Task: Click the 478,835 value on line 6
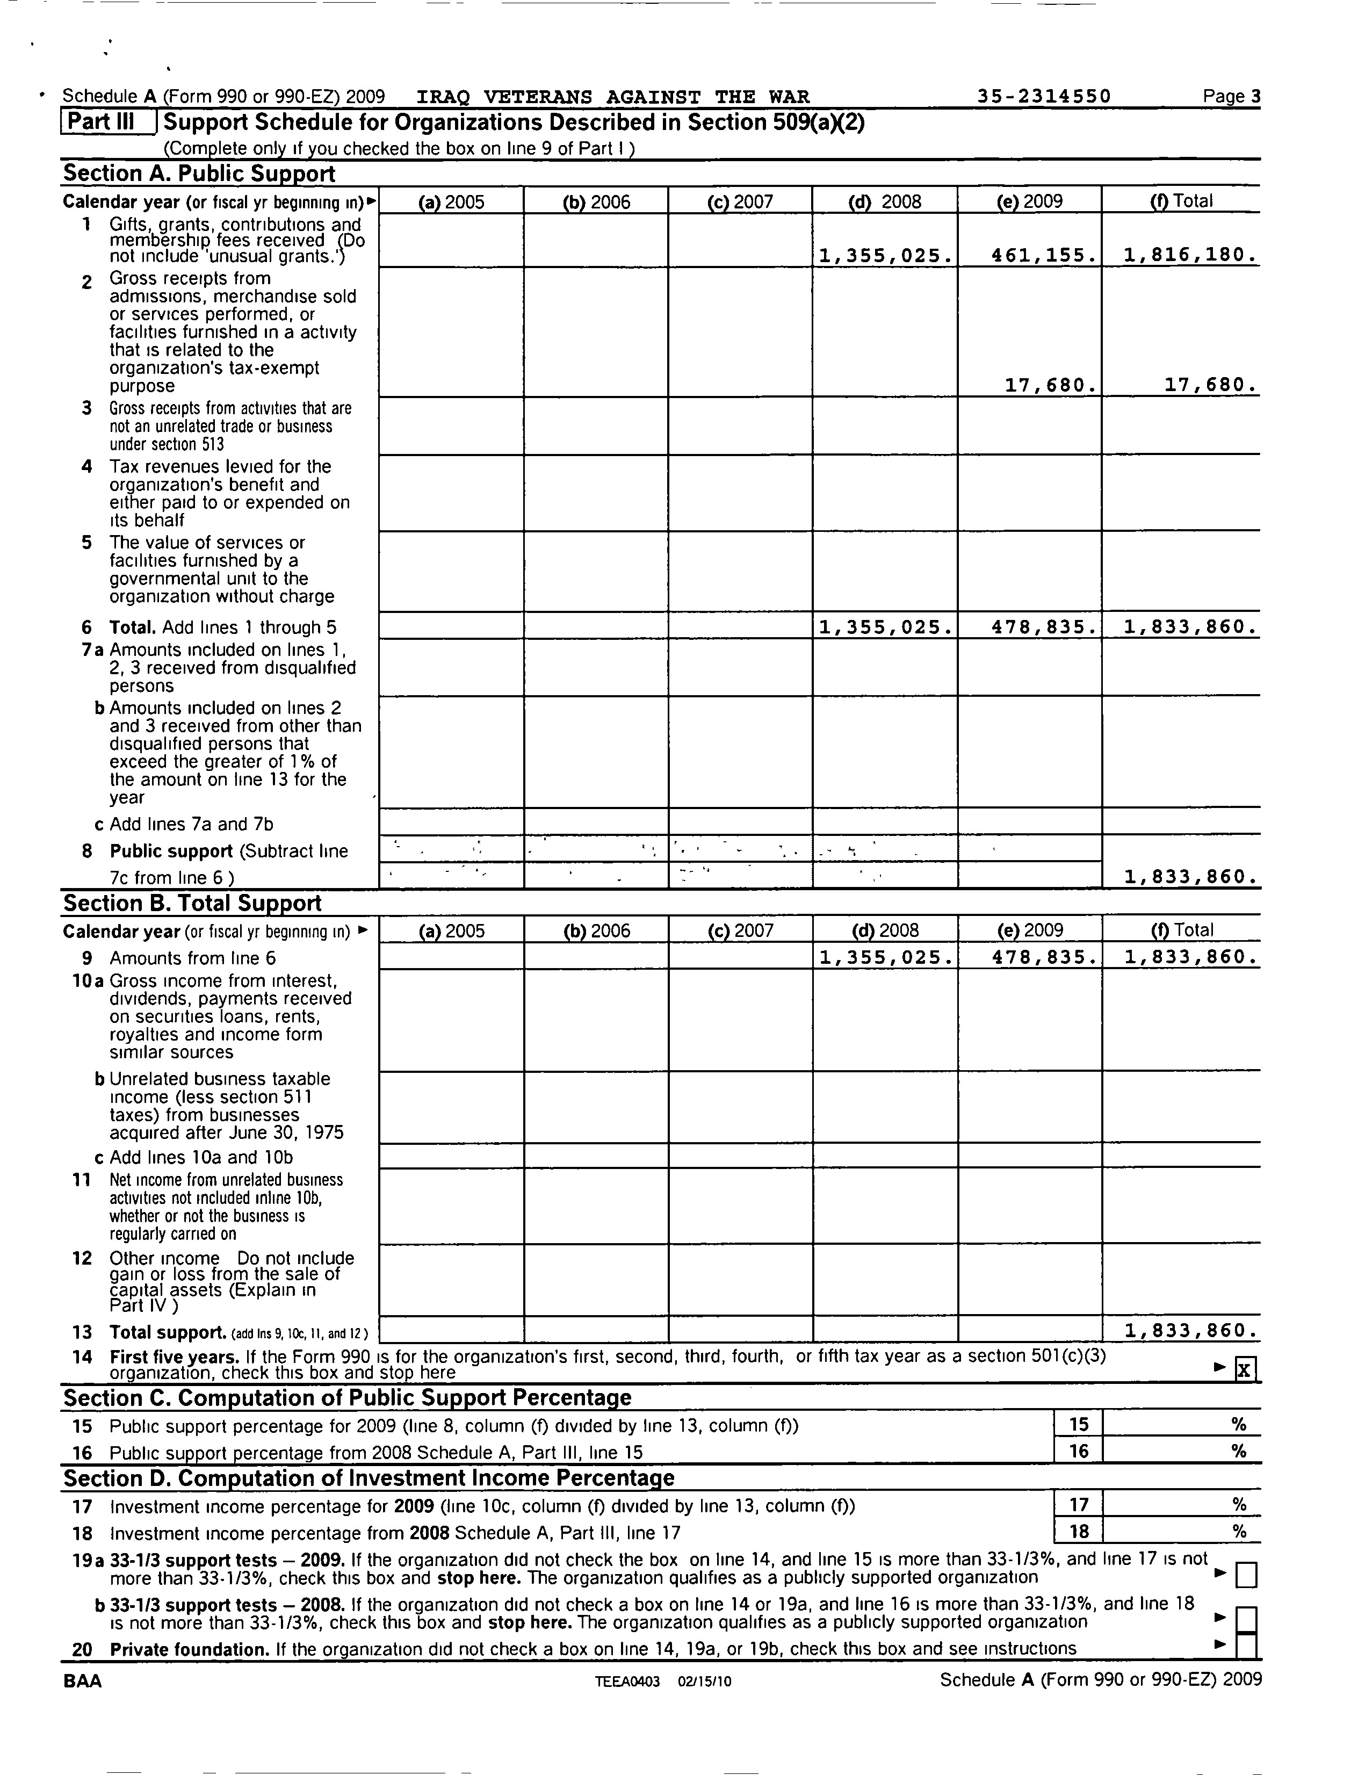coord(1044,627)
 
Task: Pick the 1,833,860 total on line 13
coord(1190,1330)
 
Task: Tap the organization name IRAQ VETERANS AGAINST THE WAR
coord(613,97)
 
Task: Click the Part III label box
coord(109,122)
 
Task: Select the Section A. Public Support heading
coord(199,174)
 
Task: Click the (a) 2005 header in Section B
coord(451,930)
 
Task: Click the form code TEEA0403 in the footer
coord(627,1681)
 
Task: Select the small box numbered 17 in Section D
coord(1078,1504)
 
